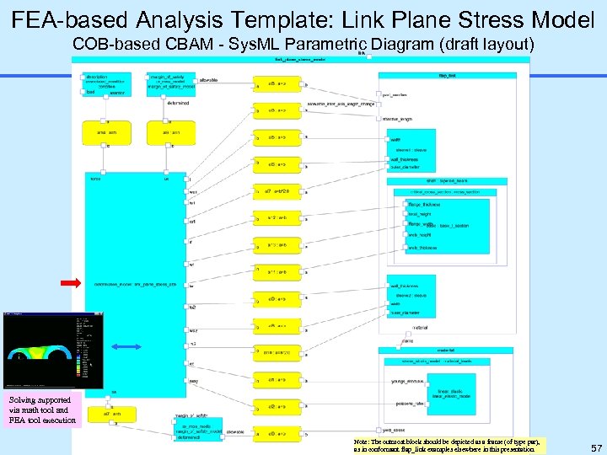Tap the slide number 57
click(596, 447)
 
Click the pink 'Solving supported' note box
click(42, 410)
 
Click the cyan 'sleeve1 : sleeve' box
click(412, 150)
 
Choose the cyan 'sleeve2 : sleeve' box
click(412, 296)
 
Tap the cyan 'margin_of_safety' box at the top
click(171, 83)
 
